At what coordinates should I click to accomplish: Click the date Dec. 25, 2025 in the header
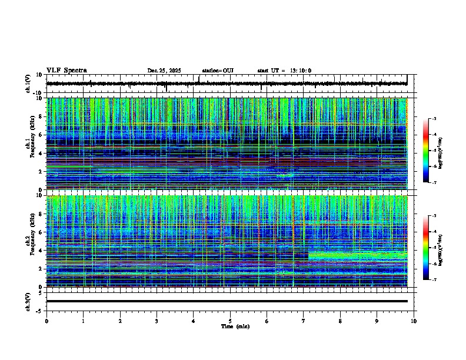(x=164, y=71)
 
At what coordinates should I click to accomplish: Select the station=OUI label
(x=218, y=71)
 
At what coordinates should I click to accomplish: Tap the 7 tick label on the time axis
(x=304, y=321)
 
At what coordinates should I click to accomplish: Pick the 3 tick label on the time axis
(x=157, y=321)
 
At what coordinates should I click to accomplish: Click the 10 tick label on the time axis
(x=414, y=321)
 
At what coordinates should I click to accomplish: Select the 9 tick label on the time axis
(x=377, y=321)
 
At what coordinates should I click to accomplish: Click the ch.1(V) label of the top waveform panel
(x=28, y=84)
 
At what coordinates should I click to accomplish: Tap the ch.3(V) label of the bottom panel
(x=28, y=301)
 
